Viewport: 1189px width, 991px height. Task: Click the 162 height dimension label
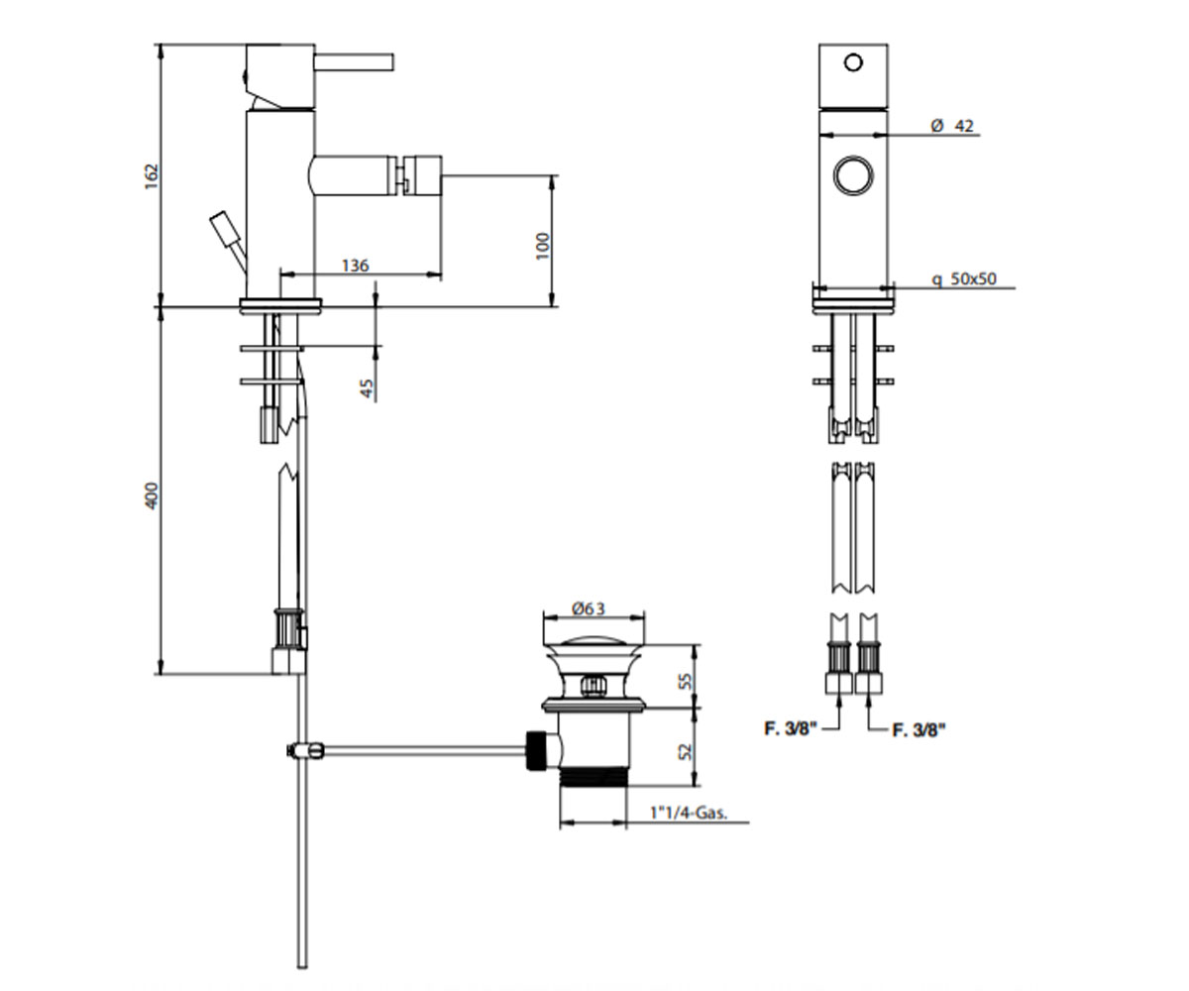[x=151, y=176]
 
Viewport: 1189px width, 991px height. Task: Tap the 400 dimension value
[x=152, y=495]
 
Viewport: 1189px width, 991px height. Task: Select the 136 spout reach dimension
[x=356, y=266]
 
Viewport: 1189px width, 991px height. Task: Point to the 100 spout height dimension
[x=543, y=246]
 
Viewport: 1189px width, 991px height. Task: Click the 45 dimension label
[x=368, y=388]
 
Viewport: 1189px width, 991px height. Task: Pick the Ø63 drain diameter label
[x=589, y=608]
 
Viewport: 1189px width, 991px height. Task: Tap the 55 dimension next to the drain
[x=687, y=681]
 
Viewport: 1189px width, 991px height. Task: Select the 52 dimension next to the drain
[x=687, y=751]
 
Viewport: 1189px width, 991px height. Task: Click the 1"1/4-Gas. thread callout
[x=689, y=813]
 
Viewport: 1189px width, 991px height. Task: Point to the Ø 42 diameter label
[x=952, y=125]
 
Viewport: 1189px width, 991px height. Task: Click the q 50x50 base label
[x=964, y=278]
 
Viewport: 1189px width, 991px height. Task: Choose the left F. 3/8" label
[x=791, y=728]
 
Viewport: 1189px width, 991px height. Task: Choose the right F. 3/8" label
[x=919, y=729]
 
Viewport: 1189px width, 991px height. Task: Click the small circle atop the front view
[x=853, y=62]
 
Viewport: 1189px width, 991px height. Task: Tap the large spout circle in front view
[x=853, y=174]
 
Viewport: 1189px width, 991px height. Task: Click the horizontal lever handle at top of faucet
[x=354, y=62]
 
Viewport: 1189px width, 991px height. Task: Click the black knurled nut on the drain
[x=536, y=750]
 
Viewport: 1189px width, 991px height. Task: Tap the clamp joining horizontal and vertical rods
[x=304, y=750]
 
